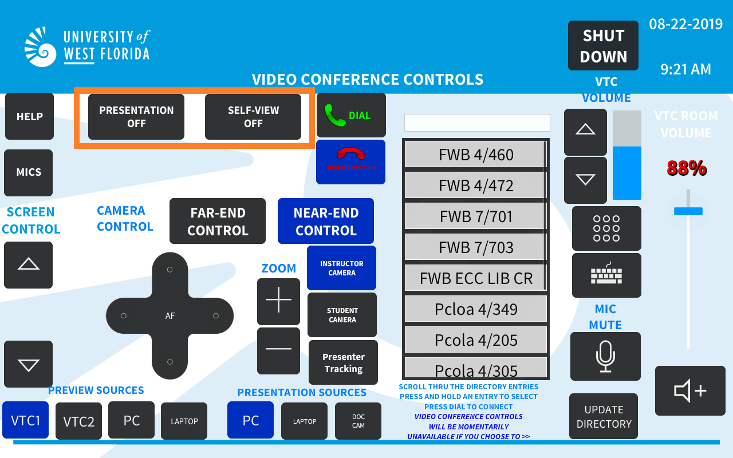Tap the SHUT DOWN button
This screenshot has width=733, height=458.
pos(603,45)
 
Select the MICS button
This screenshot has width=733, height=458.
pos(29,173)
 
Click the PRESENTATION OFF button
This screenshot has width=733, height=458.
pos(136,117)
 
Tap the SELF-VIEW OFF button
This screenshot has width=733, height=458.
pos(253,117)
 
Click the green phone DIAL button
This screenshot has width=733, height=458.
pos(351,115)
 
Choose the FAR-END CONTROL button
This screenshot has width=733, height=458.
pos(218,221)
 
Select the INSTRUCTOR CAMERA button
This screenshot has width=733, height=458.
pos(342,268)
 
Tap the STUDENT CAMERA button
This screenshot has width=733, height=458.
pos(342,315)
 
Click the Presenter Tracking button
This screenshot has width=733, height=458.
pos(343,362)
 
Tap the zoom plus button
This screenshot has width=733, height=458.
pos(278,300)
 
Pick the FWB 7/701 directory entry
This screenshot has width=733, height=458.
pos(475,216)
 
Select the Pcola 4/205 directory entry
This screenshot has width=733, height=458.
pos(476,340)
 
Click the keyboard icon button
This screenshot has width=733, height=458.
pos(606,275)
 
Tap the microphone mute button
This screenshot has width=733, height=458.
pos(605,356)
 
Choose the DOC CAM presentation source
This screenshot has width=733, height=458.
pos(358,421)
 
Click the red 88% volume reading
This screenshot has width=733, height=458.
pos(687,168)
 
